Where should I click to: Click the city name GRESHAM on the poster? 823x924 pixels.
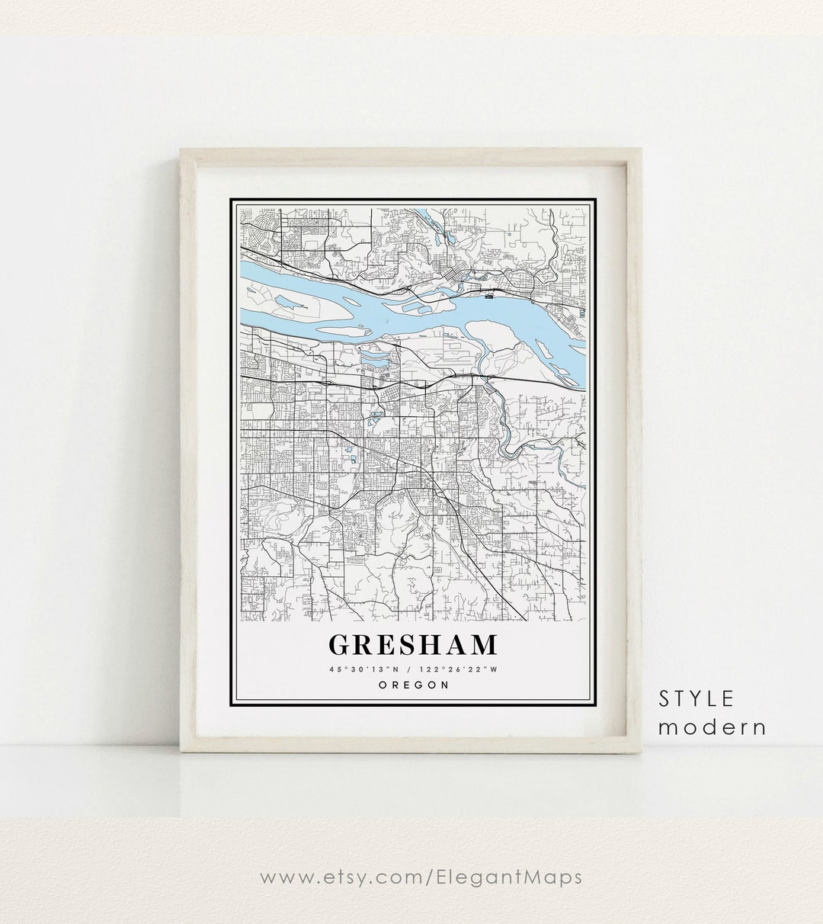412,644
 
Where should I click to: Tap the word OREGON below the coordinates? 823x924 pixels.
412,685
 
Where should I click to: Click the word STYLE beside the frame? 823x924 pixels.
697,698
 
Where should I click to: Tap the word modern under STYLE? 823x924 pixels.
712,727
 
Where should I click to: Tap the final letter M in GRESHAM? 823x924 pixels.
483,644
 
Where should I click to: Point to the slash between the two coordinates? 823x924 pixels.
412,669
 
